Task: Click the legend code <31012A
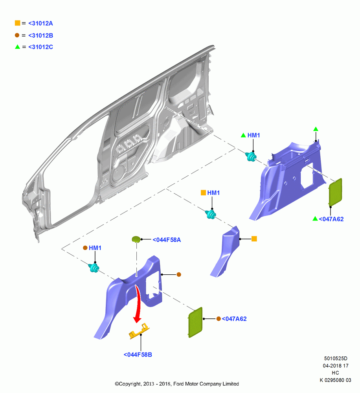click(x=40, y=23)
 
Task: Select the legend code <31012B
click(x=40, y=35)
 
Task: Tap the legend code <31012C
click(x=40, y=47)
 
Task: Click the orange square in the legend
click(x=17, y=23)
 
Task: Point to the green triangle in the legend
click(x=17, y=47)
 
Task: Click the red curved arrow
click(x=138, y=304)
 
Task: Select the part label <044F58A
click(x=167, y=240)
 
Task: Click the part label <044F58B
click(x=138, y=354)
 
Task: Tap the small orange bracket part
click(x=139, y=331)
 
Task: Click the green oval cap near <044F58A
click(x=136, y=239)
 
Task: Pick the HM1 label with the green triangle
click(x=253, y=135)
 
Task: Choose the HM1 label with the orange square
click(x=213, y=193)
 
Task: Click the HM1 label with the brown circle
click(x=95, y=248)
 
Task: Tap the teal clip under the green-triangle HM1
click(x=251, y=157)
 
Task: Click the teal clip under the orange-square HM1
click(x=211, y=214)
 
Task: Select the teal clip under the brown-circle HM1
click(x=94, y=268)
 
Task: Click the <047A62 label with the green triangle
click(x=331, y=219)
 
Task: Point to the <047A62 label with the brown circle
click(x=234, y=319)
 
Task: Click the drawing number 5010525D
click(x=336, y=358)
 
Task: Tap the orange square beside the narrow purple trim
click(x=254, y=239)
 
